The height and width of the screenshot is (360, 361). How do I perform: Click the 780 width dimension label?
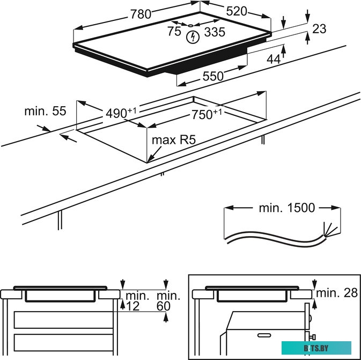(x=141, y=15)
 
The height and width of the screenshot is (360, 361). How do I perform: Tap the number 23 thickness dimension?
(x=319, y=29)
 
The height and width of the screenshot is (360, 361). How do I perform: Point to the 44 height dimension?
(x=274, y=59)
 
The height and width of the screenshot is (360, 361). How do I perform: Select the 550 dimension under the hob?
(x=212, y=77)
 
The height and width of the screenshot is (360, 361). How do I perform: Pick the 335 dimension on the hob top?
(x=215, y=32)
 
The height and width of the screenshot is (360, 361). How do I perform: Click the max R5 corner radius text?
(x=173, y=141)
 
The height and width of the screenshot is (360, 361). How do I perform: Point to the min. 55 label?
(x=45, y=111)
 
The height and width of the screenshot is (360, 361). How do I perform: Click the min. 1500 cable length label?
(x=287, y=208)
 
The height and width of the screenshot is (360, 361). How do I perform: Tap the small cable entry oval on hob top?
(x=191, y=25)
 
